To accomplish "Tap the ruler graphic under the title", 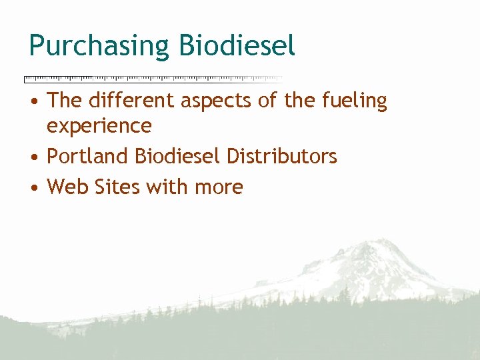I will [153, 79].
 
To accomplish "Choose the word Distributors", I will [282, 157].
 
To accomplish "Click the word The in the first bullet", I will [65, 101].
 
